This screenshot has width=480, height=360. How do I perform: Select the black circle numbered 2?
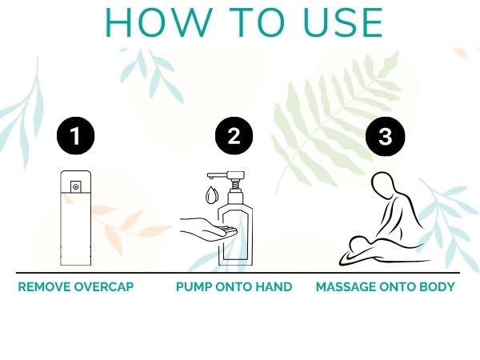[x=234, y=136]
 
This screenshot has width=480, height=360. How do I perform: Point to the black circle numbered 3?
[x=386, y=136]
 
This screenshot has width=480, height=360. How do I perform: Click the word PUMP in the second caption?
[x=194, y=286]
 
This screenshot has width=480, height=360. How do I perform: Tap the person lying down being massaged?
[x=364, y=252]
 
